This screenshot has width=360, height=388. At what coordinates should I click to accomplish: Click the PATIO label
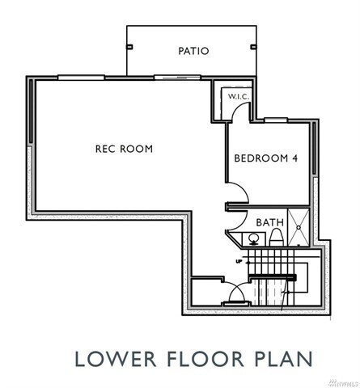[x=193, y=51]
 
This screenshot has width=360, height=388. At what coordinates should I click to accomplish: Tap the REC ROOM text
[x=124, y=149]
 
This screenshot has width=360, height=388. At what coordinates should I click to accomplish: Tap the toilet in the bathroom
[x=276, y=236]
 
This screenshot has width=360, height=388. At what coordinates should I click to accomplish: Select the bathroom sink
[x=252, y=238]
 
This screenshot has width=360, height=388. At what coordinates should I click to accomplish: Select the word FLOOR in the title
[x=197, y=356]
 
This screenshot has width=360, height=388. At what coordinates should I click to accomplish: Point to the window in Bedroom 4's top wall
[x=276, y=120]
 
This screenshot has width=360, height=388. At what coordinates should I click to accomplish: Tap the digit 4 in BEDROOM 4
[x=295, y=158]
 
